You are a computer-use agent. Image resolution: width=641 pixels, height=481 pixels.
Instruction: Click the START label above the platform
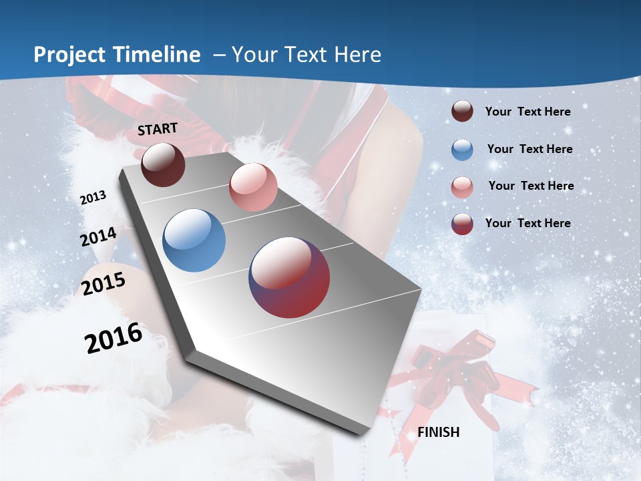pyautogui.click(x=158, y=129)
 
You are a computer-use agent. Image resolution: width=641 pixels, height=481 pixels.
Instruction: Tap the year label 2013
pyautogui.click(x=93, y=198)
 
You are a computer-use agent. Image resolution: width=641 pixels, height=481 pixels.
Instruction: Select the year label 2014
pyautogui.click(x=99, y=237)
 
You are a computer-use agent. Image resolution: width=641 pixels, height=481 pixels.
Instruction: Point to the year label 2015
pyautogui.click(x=103, y=284)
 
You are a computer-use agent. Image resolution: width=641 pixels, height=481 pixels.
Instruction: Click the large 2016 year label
pyautogui.click(x=114, y=338)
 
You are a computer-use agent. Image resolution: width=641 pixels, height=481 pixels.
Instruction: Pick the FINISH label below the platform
pyautogui.click(x=439, y=432)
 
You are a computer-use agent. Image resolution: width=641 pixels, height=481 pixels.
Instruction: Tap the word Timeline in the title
pyautogui.click(x=159, y=55)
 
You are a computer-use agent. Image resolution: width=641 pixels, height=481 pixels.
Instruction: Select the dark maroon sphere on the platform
pyautogui.click(x=163, y=164)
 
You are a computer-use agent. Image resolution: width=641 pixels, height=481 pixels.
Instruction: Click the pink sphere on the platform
pyautogui.click(x=253, y=187)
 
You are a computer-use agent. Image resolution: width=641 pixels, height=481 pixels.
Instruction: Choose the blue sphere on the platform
pyautogui.click(x=194, y=240)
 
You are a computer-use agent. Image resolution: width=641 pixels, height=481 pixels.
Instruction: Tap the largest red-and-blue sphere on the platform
pyautogui.click(x=289, y=277)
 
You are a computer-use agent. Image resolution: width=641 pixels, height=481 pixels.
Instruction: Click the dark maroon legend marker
pyautogui.click(x=462, y=112)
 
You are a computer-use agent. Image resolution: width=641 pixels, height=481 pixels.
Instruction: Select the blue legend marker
pyautogui.click(x=462, y=150)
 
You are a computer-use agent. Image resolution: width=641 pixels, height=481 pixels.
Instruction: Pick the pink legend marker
pyautogui.click(x=462, y=187)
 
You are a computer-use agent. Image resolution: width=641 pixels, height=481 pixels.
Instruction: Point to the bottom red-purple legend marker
pyautogui.click(x=462, y=224)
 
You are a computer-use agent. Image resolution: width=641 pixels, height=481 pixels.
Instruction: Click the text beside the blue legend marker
pyautogui.click(x=529, y=149)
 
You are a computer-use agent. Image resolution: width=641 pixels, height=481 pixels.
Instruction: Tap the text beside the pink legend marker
pyautogui.click(x=531, y=186)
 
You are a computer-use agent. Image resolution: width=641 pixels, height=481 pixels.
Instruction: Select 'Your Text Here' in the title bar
pyautogui.click(x=306, y=55)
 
